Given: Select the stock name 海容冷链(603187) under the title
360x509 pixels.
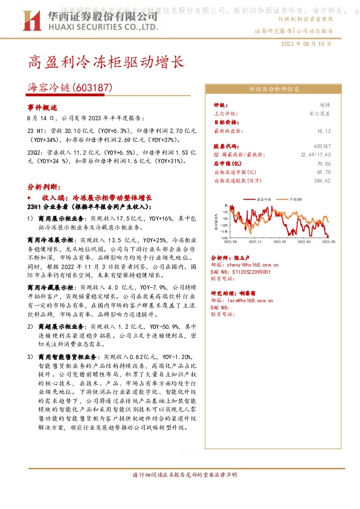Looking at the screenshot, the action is pos(71,88).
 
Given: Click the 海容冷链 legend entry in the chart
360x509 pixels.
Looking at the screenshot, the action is pos(266,198).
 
